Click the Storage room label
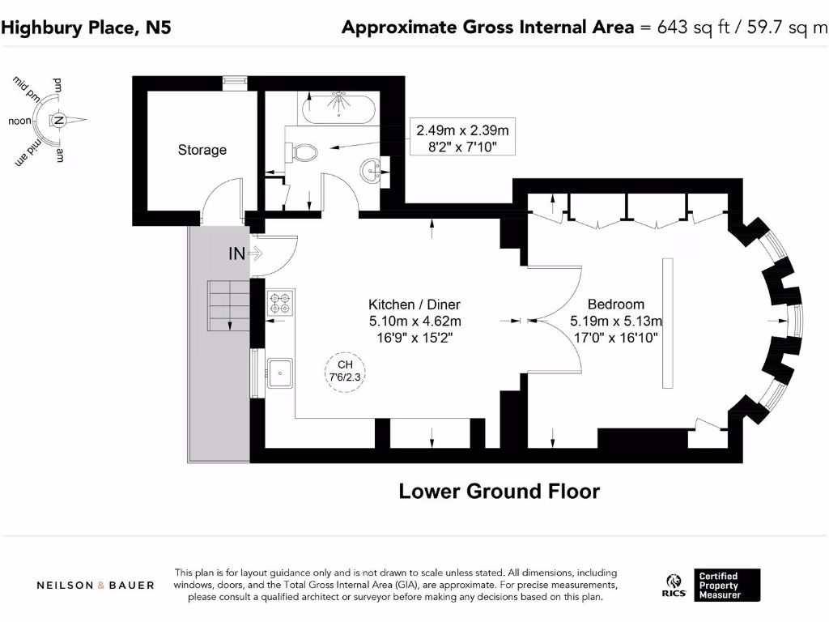coord(202,150)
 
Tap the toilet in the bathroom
coord(301,151)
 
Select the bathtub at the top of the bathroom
coord(338,106)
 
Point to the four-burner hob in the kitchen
coord(280,303)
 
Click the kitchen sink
coord(280,373)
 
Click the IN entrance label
coord(236,254)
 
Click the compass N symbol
coord(58,121)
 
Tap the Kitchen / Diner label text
coord(414,305)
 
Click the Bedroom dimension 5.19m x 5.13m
coord(616,320)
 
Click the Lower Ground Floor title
coord(499,491)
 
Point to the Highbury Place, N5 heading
coord(86,28)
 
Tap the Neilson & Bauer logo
coord(96,585)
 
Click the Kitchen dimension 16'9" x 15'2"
coord(414,335)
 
